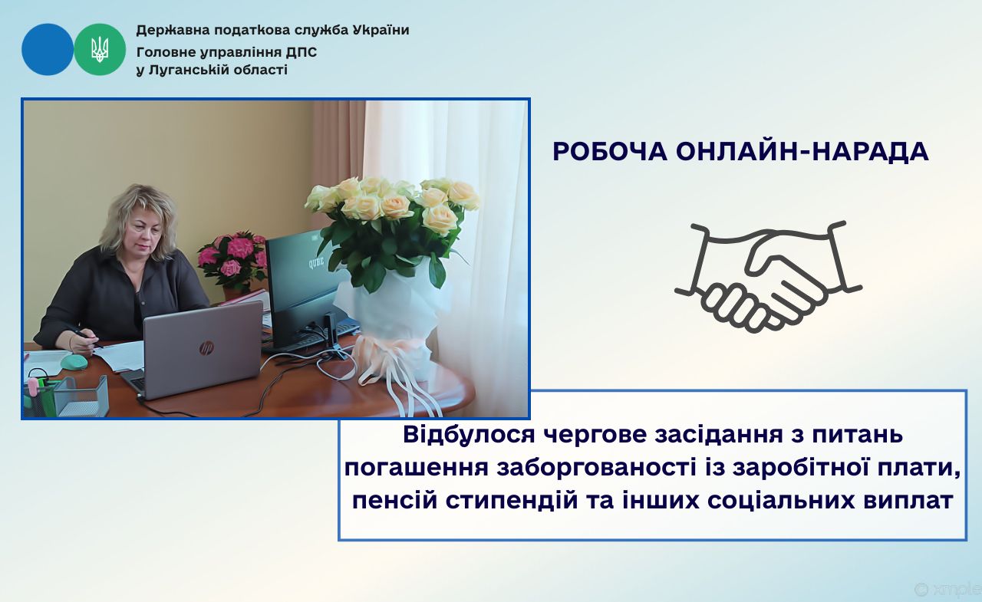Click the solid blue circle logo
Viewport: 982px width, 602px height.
click(48, 50)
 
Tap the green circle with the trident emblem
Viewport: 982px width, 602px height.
click(100, 50)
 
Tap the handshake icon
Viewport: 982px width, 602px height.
click(768, 277)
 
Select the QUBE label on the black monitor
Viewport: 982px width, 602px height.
click(317, 263)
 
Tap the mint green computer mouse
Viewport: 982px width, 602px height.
click(74, 361)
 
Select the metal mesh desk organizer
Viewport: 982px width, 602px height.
click(81, 396)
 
